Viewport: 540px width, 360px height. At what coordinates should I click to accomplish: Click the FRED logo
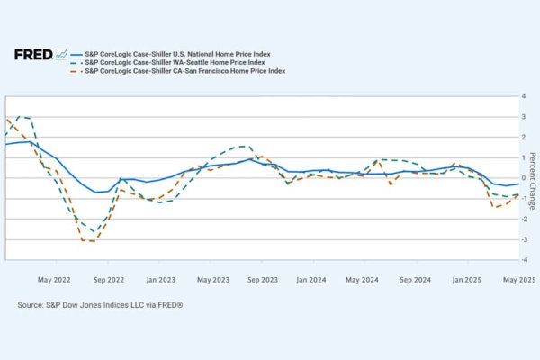point(39,54)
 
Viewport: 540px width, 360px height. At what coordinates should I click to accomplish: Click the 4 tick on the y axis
point(512,95)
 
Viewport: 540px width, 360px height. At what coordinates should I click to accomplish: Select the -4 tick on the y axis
point(511,259)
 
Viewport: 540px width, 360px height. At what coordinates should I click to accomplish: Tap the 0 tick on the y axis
point(512,177)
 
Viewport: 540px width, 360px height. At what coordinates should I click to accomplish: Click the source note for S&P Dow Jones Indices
point(100,306)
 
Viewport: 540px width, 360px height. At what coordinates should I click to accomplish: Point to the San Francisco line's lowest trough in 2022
point(87,241)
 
